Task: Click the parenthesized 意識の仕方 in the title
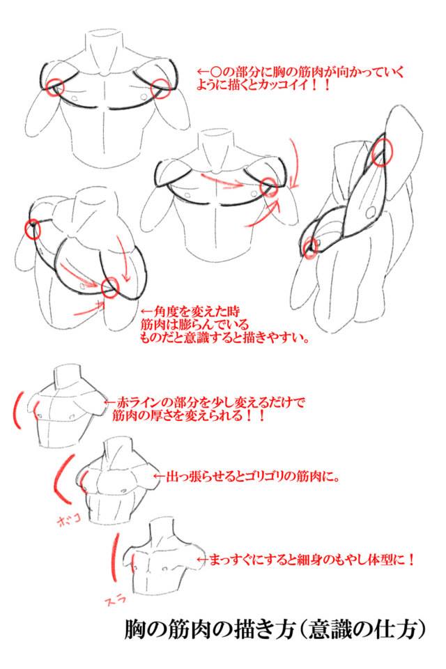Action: click(x=363, y=629)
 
